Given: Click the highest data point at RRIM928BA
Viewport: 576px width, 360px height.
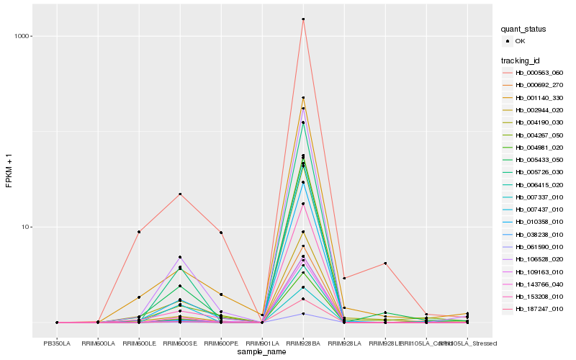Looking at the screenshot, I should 303,19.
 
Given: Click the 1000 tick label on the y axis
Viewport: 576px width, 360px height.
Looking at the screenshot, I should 23,36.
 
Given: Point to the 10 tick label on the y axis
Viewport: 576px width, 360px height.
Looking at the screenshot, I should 27,227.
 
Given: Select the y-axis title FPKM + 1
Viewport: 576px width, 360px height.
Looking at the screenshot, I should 9,171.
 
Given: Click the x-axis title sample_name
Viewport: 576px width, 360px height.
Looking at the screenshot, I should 262,351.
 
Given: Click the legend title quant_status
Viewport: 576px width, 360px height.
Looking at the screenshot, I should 523,29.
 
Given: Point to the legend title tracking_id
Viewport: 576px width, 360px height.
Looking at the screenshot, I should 521,60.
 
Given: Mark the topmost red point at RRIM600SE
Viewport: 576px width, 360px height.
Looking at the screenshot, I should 180,194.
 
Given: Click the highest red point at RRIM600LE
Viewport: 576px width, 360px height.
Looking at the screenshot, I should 139,232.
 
